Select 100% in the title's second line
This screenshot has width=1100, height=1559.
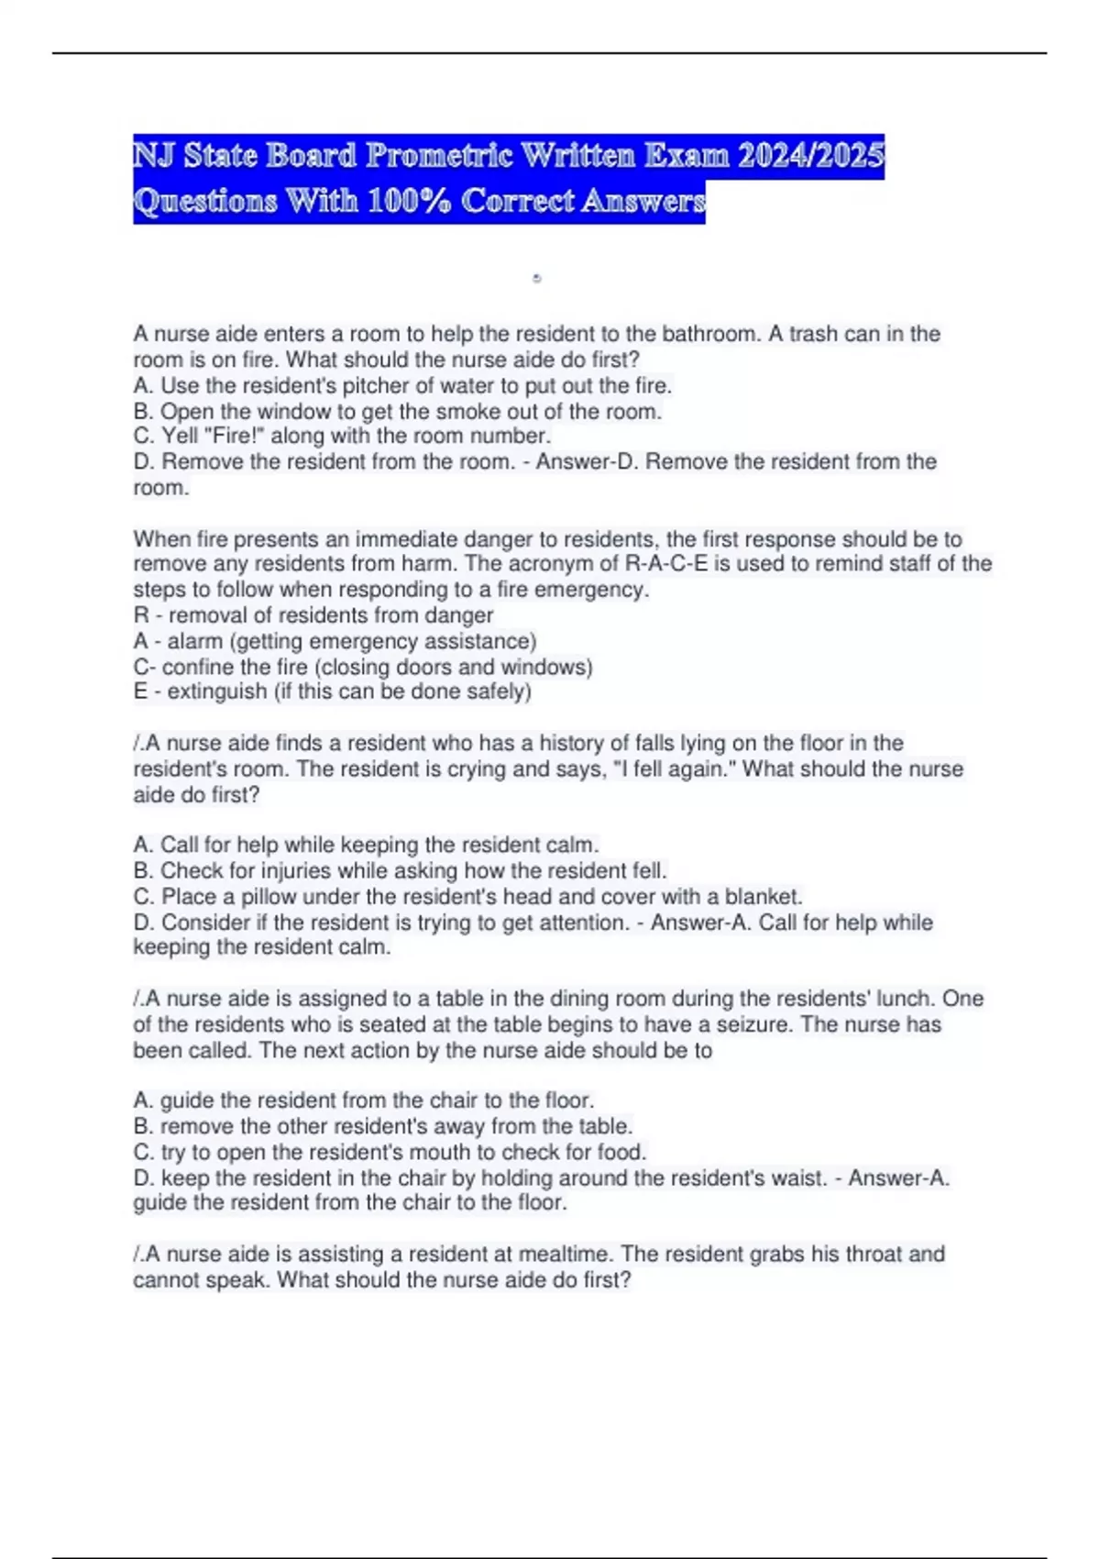[x=409, y=201]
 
